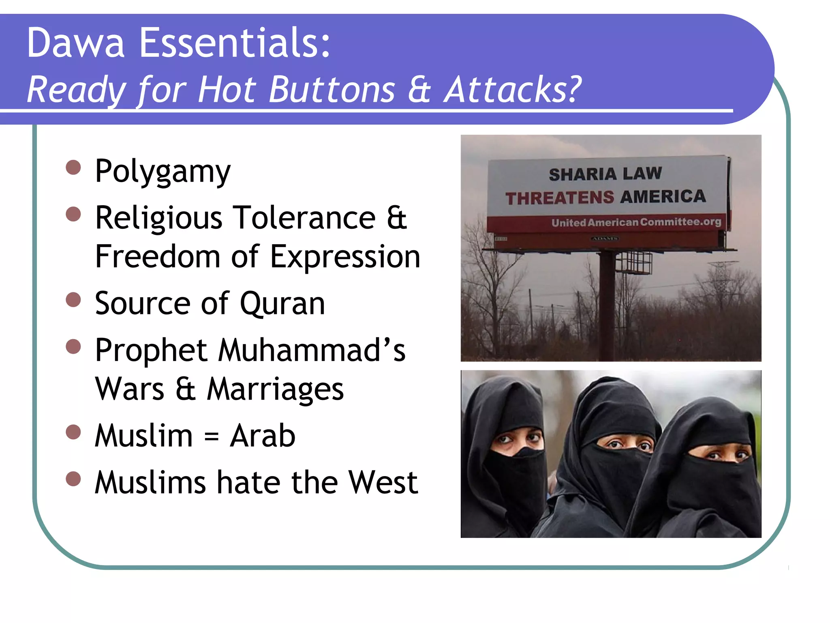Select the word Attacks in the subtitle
tap(512, 90)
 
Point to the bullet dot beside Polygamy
tap(73, 167)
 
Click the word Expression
tap(344, 257)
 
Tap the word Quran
tap(282, 303)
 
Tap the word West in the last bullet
tap(383, 483)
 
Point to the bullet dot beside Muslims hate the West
tap(73, 479)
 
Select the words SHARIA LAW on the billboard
tap(605, 174)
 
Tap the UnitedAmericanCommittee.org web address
tap(636, 222)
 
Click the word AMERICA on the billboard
tap(663, 197)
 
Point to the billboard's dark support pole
tap(607, 304)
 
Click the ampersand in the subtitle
tap(419, 90)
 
